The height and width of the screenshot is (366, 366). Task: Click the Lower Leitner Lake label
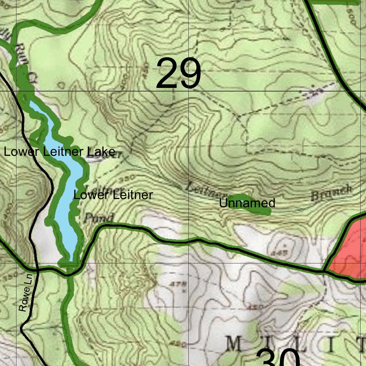pos(59,152)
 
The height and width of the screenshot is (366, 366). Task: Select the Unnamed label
pos(247,203)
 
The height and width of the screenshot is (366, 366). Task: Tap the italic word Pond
pos(99,218)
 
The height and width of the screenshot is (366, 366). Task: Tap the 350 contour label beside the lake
pos(130,178)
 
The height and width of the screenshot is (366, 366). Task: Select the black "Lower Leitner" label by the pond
pos(113,195)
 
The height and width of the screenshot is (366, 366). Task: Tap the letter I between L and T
pos(333,345)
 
